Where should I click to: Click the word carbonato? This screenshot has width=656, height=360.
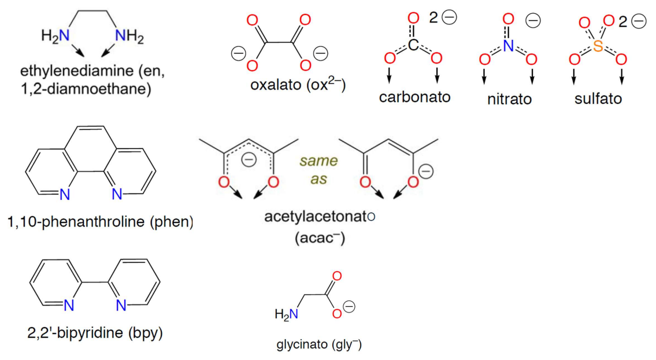(x=414, y=97)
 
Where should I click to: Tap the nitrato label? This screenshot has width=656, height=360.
(x=509, y=99)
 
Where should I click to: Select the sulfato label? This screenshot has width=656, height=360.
(x=598, y=98)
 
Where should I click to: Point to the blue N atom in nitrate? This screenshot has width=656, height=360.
(x=508, y=46)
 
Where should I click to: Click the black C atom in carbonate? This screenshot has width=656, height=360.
(x=413, y=46)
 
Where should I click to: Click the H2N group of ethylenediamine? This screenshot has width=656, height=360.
(x=55, y=36)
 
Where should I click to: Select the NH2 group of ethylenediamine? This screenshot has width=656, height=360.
(x=129, y=36)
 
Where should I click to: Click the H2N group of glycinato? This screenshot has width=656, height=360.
(x=287, y=315)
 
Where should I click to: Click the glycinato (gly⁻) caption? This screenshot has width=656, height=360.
(x=319, y=346)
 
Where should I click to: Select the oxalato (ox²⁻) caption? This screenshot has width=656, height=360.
(x=298, y=85)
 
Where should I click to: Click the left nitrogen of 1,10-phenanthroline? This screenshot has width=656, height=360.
(x=65, y=195)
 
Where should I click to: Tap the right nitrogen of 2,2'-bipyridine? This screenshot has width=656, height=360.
(x=121, y=305)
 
